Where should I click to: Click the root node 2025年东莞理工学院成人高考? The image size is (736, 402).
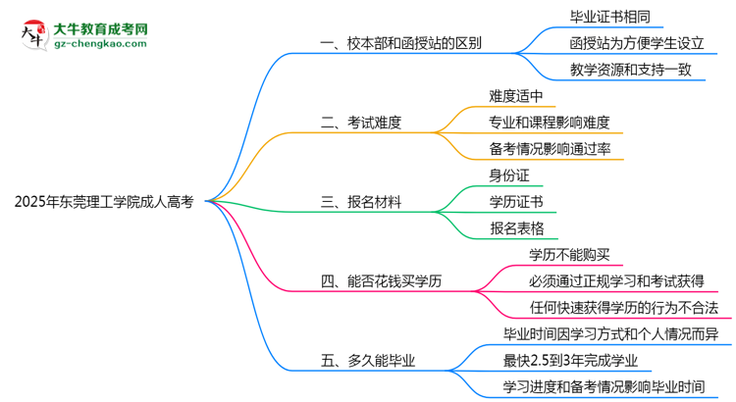click(104, 202)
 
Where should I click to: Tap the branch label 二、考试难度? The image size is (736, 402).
click(361, 123)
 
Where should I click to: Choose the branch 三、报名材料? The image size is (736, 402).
click(361, 202)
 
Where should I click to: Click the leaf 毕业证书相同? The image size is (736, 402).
click(582, 17)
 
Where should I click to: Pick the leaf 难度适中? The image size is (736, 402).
click(515, 96)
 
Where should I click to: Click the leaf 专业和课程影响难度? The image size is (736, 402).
click(549, 123)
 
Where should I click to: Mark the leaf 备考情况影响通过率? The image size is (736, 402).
click(549, 149)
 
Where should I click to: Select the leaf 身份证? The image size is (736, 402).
click(509, 176)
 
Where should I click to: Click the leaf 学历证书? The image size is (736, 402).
click(515, 202)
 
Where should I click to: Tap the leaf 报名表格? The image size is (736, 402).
click(515, 228)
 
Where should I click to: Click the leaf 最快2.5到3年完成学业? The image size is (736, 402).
click(589, 361)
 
